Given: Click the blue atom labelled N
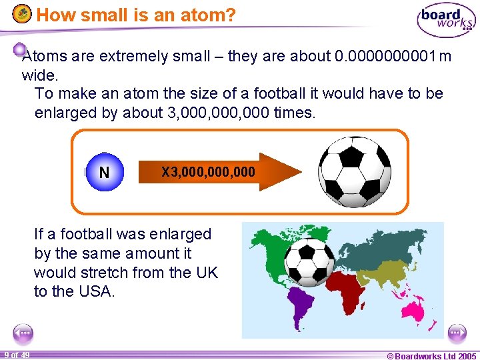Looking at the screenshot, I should click(x=104, y=173).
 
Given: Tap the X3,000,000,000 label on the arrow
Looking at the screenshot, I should click(x=208, y=172).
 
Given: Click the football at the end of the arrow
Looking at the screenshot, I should click(x=354, y=171).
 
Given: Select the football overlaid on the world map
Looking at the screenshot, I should click(x=309, y=263).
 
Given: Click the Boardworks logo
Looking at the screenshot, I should click(x=445, y=20).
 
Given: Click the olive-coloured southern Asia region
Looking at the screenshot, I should click(x=386, y=273).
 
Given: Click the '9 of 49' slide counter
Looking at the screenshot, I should click(x=16, y=355).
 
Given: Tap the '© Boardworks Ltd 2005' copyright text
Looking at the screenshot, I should click(x=431, y=355).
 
